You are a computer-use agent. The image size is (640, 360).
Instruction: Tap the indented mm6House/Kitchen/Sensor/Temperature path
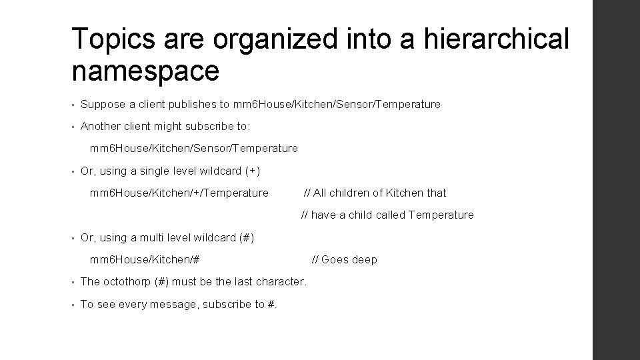click(193, 149)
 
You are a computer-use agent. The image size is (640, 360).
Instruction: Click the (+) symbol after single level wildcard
click(252, 171)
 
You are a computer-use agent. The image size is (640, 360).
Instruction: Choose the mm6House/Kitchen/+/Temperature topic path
click(179, 193)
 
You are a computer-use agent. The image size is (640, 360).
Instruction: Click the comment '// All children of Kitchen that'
click(375, 193)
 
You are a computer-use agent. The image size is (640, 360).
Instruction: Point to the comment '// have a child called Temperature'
click(387, 215)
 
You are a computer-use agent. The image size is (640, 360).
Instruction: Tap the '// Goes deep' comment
click(345, 260)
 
